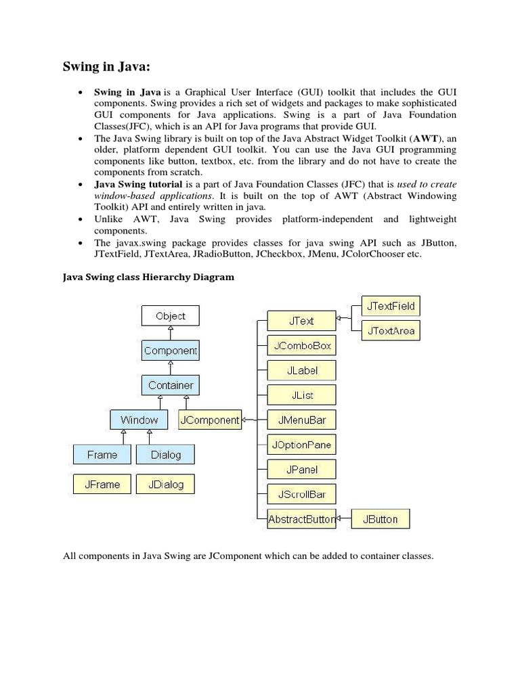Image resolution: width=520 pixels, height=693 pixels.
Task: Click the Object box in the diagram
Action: point(170,316)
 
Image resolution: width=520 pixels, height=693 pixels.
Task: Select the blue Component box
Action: point(171,351)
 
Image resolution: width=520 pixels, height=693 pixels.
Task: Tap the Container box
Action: point(171,385)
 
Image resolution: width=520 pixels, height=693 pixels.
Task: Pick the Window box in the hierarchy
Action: point(139,420)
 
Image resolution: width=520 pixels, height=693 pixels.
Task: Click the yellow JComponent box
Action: point(210,420)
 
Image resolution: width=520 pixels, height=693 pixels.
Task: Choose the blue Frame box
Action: point(102,455)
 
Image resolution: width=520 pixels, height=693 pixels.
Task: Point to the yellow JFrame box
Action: point(102,485)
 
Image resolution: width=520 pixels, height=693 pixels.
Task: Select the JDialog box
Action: point(165,485)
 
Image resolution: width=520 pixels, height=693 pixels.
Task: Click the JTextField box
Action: point(391,306)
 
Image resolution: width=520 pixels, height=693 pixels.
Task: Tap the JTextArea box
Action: point(391,331)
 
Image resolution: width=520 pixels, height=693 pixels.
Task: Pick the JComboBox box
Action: point(301,346)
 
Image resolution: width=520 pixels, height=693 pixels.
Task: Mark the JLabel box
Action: point(301,371)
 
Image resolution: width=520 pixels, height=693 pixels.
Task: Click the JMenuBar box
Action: point(301,420)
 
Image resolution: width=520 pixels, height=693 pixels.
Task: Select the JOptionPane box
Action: point(301,445)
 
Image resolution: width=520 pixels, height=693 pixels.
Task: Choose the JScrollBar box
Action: point(301,494)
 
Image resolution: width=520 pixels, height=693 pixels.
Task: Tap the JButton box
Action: point(381,519)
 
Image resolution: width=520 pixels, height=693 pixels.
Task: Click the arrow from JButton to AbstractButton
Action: point(344,519)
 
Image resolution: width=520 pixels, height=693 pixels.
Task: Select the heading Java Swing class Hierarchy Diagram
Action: point(148,277)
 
